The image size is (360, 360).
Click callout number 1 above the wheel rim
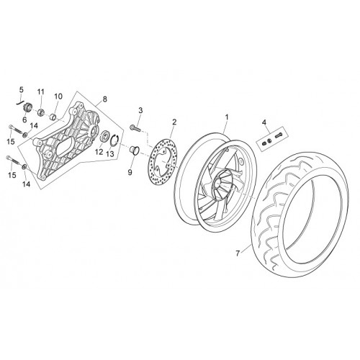tap(227, 117)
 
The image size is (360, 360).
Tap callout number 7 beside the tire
tap(238, 253)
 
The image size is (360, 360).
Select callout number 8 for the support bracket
tap(104, 99)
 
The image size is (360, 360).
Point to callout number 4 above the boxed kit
tap(264, 122)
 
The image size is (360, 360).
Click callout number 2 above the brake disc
tap(174, 122)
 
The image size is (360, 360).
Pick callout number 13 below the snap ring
tap(110, 154)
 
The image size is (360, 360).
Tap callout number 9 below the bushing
tap(130, 172)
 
